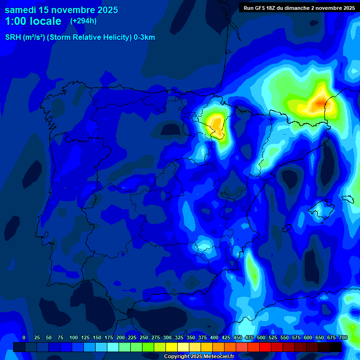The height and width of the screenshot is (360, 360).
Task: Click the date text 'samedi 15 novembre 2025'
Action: [x=61, y=10]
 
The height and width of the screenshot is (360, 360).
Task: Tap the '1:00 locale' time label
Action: [x=33, y=21]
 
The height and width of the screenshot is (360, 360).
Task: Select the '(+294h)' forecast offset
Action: [x=83, y=21]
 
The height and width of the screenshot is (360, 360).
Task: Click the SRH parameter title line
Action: [x=80, y=37]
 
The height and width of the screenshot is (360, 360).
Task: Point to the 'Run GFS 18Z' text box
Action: [x=299, y=7]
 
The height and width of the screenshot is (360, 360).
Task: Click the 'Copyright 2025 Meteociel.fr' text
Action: [x=199, y=357]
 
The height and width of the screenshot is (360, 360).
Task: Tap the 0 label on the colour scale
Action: [x=24, y=337]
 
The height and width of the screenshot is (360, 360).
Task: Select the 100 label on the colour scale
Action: [x=73, y=337]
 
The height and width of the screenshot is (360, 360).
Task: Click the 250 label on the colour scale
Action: [x=143, y=337]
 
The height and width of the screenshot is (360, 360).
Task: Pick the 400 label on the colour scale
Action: [x=214, y=337]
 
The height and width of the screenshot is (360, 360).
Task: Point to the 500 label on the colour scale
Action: [x=261, y=337]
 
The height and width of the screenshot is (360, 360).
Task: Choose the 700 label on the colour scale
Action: [x=343, y=337]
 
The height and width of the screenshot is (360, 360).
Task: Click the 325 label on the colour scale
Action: [x=179, y=337]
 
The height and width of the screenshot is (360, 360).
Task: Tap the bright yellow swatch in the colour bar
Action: [x=172, y=347]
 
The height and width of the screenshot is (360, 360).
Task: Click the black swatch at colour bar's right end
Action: [x=336, y=347]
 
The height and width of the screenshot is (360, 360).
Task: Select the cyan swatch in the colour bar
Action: [x=113, y=347]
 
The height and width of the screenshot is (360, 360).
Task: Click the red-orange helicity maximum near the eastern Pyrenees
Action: [x=321, y=102]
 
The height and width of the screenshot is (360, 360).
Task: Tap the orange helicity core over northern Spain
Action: [x=217, y=124]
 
